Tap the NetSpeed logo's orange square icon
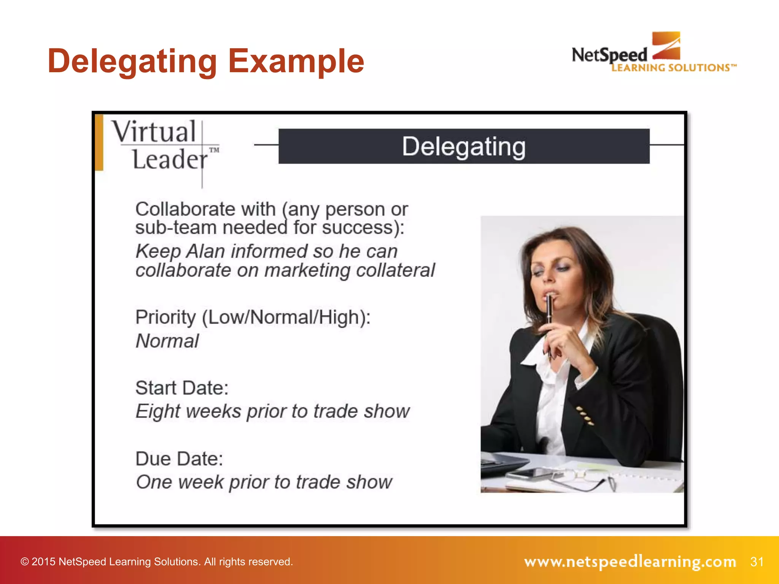pos(666,46)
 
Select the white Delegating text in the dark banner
pos(464,147)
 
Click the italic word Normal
pos(167,341)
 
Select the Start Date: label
pos(182,388)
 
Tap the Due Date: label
pos(179,459)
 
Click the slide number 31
pos(757,562)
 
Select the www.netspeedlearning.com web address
pos(630,562)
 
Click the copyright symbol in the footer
pos(25,562)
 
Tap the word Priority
pos(166,317)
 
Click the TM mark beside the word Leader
pos(214,150)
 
